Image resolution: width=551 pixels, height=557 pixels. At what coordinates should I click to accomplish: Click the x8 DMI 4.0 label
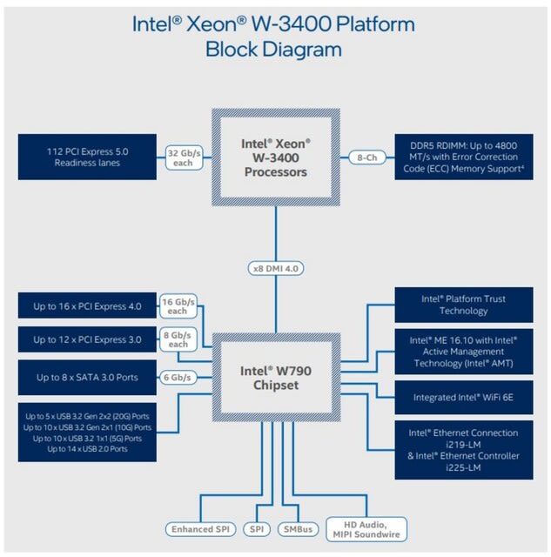point(276,269)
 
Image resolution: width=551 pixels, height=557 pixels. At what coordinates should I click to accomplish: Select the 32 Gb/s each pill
point(184,158)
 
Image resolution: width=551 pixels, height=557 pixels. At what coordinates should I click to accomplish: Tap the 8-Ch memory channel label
point(367,158)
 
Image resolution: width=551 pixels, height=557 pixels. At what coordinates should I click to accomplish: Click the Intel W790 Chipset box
point(276,378)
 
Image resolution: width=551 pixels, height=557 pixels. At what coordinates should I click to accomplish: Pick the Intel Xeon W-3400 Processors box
point(276,158)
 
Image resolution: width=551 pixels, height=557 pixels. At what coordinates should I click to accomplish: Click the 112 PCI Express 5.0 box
point(87,157)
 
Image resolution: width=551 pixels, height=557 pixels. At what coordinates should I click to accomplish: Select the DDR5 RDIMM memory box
point(464,157)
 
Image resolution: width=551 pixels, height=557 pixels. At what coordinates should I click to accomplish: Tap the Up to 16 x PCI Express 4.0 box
point(87,305)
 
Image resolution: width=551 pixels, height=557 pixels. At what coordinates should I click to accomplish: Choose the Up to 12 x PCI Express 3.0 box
point(87,339)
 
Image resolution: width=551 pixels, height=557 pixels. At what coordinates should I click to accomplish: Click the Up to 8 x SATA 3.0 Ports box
point(87,377)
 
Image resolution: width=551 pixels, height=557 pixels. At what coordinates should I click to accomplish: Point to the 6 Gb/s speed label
point(178,377)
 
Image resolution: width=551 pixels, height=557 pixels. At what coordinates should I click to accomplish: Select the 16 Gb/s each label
point(178,306)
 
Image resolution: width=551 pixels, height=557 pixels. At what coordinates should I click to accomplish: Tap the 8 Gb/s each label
point(178,339)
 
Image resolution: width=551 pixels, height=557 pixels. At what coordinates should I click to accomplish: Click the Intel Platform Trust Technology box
point(464,305)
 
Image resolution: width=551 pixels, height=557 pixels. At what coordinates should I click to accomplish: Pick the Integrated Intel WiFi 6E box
point(464,397)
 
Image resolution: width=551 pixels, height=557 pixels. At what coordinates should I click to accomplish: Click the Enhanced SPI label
point(201,529)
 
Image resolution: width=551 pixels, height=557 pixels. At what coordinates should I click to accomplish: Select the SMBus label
point(298,529)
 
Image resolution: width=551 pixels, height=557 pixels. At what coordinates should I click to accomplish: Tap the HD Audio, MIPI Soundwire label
point(366,529)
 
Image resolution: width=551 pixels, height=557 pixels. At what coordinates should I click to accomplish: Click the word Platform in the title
point(375,24)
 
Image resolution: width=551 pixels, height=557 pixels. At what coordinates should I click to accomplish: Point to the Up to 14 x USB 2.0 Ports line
point(87,449)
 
